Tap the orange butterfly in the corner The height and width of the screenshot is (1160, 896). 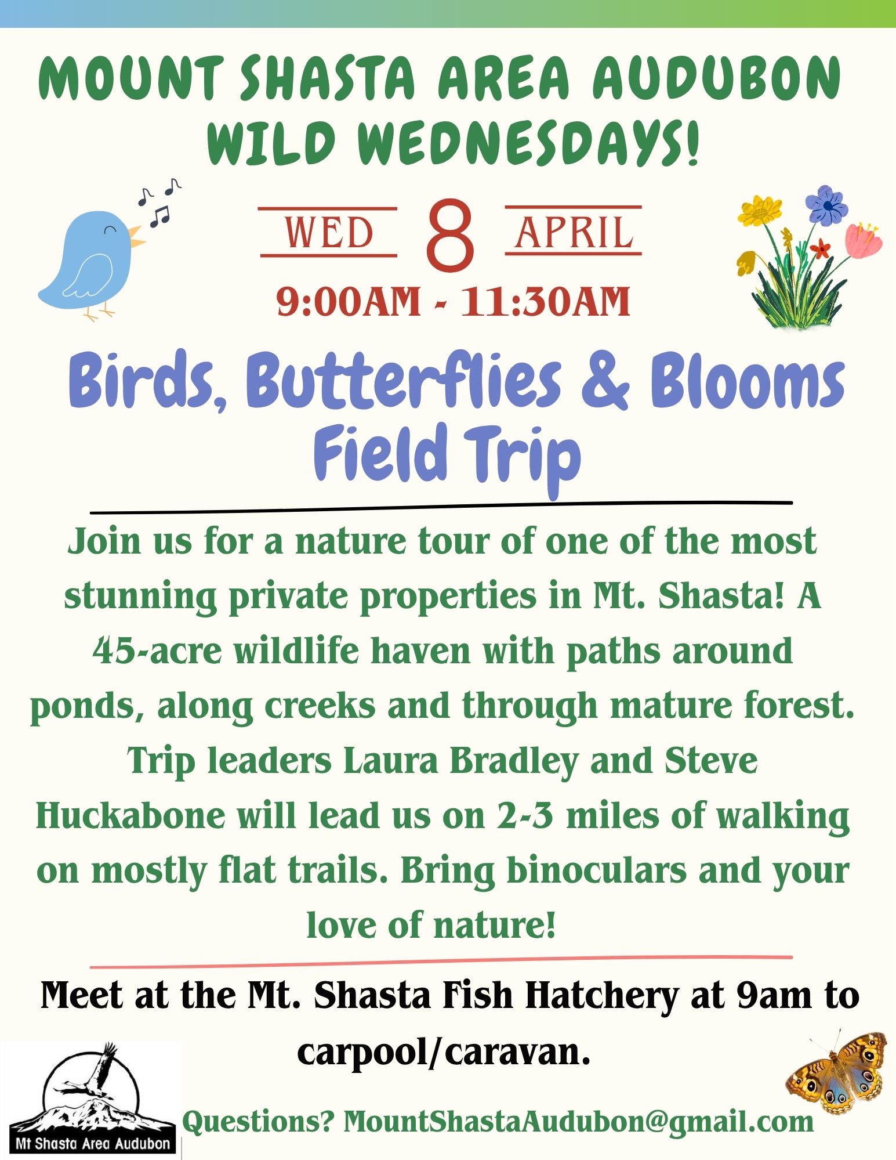837,1072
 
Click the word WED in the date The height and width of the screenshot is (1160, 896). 329,232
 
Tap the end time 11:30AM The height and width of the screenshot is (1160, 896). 545,302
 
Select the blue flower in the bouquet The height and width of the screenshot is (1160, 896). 827,205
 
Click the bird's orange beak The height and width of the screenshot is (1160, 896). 136,235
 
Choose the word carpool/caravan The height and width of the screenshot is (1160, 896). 444,1051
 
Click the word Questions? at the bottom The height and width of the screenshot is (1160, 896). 259,1122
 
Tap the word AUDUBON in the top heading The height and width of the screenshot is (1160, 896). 717,77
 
